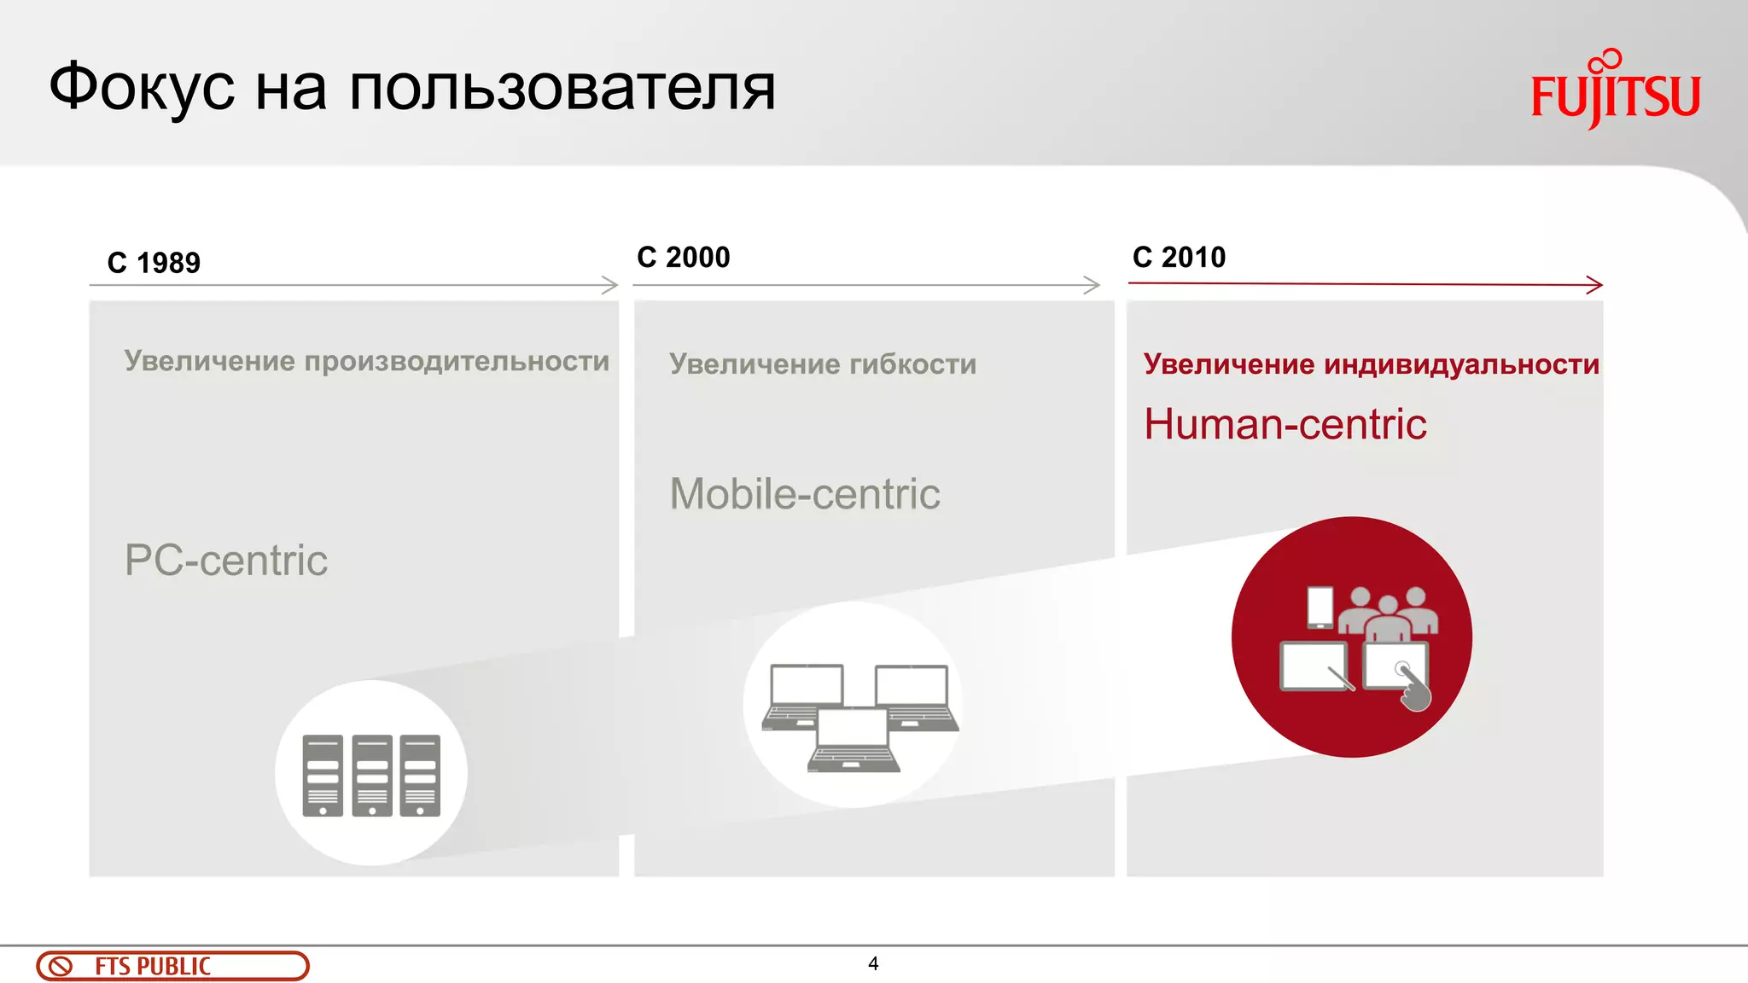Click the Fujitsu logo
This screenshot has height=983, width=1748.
(x=1615, y=92)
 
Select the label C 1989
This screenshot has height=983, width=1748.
(x=154, y=263)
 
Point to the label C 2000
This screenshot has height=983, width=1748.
(x=683, y=257)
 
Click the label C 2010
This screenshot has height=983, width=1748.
(x=1179, y=257)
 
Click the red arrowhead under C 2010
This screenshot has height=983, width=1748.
(x=1594, y=285)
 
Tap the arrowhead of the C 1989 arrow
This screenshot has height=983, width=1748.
(x=610, y=285)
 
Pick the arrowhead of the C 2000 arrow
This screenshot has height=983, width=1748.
(x=1092, y=285)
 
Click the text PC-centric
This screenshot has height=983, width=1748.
(x=225, y=561)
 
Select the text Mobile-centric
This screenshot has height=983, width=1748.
(x=804, y=494)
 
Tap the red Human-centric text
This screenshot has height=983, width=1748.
(x=1285, y=424)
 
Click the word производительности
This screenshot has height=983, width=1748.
(x=457, y=361)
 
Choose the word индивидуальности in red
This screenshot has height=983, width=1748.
(x=1461, y=364)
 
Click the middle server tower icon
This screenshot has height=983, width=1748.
(x=372, y=775)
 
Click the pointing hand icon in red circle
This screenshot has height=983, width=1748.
(x=1414, y=689)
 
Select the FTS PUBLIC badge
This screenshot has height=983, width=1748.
(x=172, y=966)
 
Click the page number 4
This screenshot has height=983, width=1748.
(x=872, y=963)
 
